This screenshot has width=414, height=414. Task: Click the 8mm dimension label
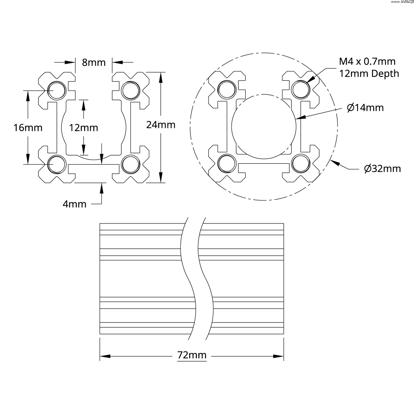(x=93, y=62)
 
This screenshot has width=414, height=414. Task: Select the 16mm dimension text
(x=28, y=128)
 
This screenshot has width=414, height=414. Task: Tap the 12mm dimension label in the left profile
(x=83, y=128)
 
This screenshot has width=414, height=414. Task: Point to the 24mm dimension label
(x=161, y=125)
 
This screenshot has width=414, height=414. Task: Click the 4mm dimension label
(x=74, y=204)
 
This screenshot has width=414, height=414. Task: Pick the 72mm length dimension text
(x=192, y=355)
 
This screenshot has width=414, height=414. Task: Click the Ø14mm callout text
(x=365, y=107)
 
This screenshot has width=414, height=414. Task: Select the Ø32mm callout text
(x=382, y=169)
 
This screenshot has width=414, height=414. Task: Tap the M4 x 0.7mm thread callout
(x=367, y=61)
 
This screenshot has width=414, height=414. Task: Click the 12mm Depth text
(x=369, y=74)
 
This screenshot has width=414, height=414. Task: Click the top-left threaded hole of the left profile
(x=56, y=90)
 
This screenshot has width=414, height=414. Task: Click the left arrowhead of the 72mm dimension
(x=105, y=356)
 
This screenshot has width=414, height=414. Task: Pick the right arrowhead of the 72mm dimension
(x=278, y=356)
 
